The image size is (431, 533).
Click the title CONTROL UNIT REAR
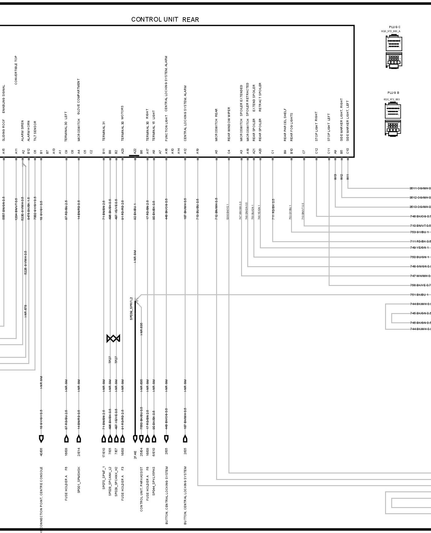(x=165, y=19)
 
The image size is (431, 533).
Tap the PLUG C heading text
(x=395, y=27)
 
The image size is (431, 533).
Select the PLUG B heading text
(x=393, y=93)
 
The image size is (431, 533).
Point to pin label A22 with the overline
(x=135, y=151)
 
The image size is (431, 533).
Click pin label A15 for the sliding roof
(x=4, y=151)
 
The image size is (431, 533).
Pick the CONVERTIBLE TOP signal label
(x=16, y=70)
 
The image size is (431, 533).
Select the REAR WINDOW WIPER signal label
(x=229, y=124)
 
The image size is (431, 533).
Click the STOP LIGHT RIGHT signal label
(x=316, y=126)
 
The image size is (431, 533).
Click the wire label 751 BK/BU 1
(x=419, y=295)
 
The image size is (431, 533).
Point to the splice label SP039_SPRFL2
(x=131, y=308)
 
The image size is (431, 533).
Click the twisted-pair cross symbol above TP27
(x=113, y=338)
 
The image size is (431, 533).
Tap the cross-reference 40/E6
(x=41, y=452)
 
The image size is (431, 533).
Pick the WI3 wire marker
(x=335, y=177)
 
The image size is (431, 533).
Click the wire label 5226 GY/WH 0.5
(x=25, y=263)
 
